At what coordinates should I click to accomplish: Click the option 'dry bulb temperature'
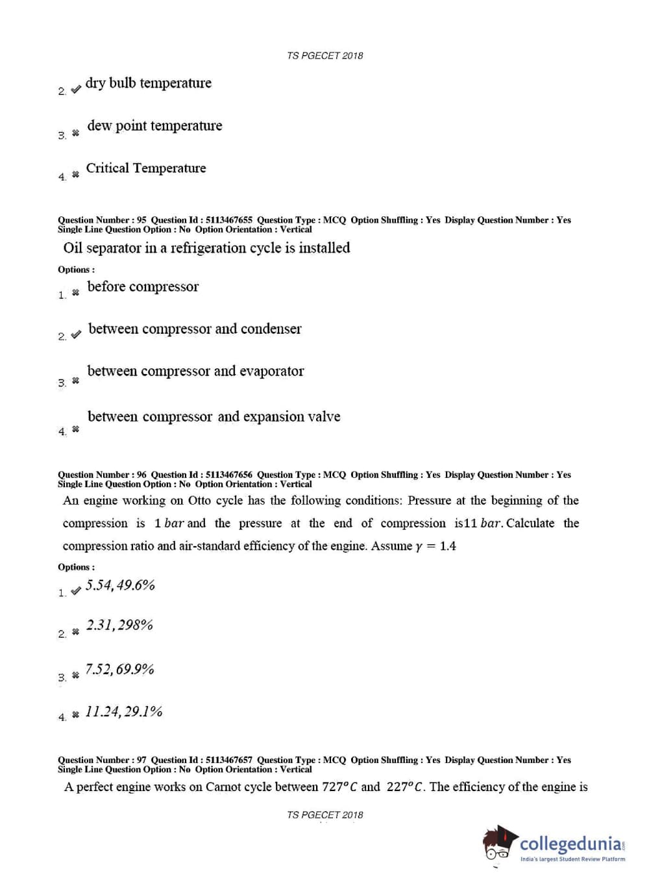(148, 83)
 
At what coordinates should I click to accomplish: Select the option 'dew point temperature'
(154, 126)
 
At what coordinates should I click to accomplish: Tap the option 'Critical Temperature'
(146, 168)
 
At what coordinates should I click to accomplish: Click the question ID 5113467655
(228, 220)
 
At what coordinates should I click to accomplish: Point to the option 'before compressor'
(143, 287)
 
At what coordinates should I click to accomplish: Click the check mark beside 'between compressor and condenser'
(76, 334)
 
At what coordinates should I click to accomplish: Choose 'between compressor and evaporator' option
(195, 371)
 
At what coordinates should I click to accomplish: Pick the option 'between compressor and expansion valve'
(214, 417)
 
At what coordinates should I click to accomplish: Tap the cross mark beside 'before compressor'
(75, 292)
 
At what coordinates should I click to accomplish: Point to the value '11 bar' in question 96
(484, 523)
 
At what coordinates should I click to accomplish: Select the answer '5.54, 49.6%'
(120, 585)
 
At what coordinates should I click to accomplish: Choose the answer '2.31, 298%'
(119, 625)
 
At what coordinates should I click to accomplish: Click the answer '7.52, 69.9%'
(119, 670)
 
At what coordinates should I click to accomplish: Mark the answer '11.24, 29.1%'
(123, 712)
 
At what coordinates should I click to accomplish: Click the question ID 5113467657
(228, 760)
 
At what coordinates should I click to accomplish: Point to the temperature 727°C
(339, 787)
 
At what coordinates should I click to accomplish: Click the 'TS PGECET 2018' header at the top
(324, 56)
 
